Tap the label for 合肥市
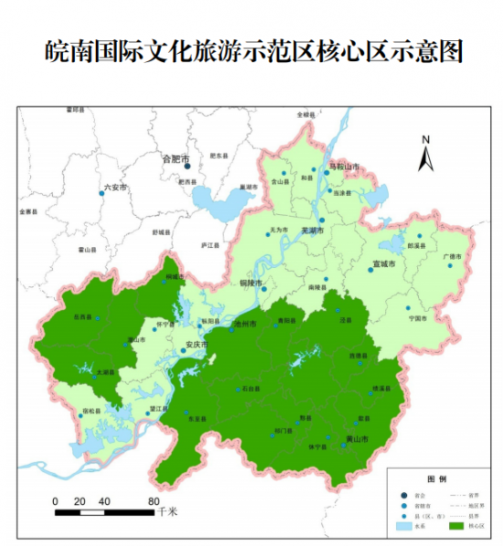coord(175,158)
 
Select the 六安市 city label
coord(114,187)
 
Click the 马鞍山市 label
coord(344,167)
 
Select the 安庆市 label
coord(197,345)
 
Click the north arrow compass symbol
coord(425,154)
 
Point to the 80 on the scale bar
coord(154,500)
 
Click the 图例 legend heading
coord(436,478)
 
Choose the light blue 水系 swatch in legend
coord(405,527)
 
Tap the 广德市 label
coord(454,257)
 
